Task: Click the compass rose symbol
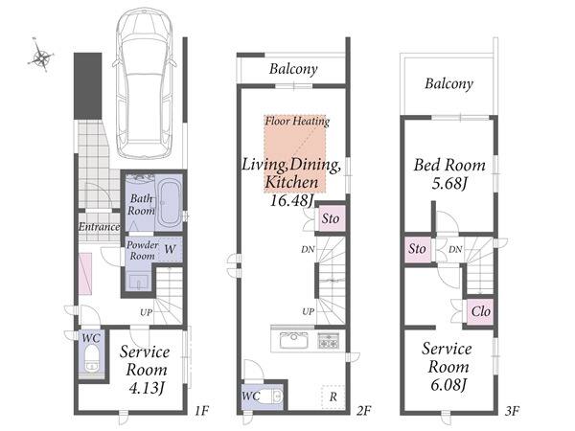(41, 57)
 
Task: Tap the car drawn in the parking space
(145, 82)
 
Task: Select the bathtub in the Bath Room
(169, 203)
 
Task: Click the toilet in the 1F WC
(91, 358)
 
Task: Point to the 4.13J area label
(147, 387)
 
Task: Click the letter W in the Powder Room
(170, 249)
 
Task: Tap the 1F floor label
(201, 410)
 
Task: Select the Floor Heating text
(297, 121)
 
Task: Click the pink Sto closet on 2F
(332, 218)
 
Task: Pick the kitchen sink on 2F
(294, 340)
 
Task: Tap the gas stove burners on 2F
(328, 340)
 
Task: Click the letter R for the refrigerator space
(333, 397)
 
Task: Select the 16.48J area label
(292, 200)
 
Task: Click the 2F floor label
(364, 411)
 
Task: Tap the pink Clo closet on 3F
(480, 311)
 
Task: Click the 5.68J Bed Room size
(449, 183)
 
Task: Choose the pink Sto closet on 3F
(418, 249)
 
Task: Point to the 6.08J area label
(448, 385)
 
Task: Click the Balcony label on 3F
(448, 83)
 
